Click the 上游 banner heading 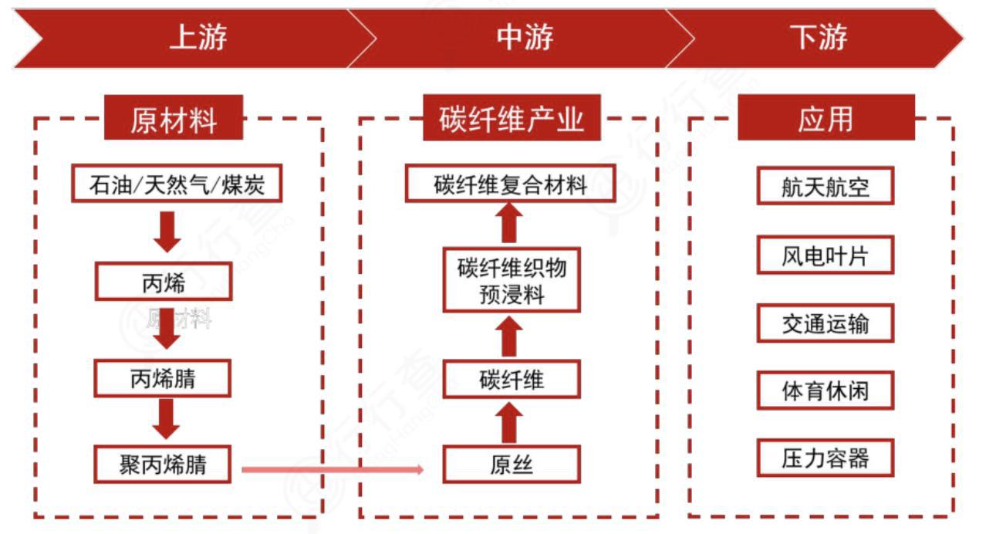pyautogui.click(x=198, y=38)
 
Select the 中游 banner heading pyautogui.click(x=525, y=38)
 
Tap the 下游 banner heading pyautogui.click(x=819, y=38)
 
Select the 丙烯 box pyautogui.click(x=164, y=282)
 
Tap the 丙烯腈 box pyautogui.click(x=164, y=378)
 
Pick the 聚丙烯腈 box pyautogui.click(x=164, y=464)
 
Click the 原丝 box pyautogui.click(x=511, y=465)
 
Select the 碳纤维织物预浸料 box pyautogui.click(x=511, y=279)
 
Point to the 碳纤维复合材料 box pyautogui.click(x=511, y=184)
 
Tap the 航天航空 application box pyautogui.click(x=825, y=186)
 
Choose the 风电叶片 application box pyautogui.click(x=825, y=255)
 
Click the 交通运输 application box pyautogui.click(x=825, y=323)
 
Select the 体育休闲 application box pyautogui.click(x=825, y=390)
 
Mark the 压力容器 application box pyautogui.click(x=825, y=458)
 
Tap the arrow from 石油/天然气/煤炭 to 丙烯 pyautogui.click(x=167, y=232)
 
